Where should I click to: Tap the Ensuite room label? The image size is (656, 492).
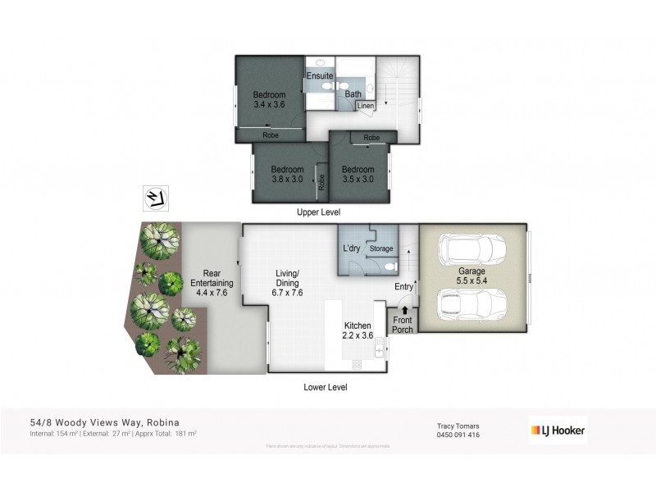click(x=320, y=76)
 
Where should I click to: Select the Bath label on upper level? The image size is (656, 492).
click(x=353, y=94)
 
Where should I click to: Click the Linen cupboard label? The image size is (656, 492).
click(x=366, y=106)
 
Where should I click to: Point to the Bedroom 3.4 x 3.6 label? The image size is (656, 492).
click(x=270, y=100)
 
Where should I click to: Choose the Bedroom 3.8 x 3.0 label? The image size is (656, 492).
click(x=287, y=175)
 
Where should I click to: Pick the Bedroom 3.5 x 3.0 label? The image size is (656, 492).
click(x=358, y=175)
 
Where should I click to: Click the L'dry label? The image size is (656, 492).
click(x=353, y=248)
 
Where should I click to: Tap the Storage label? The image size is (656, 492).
click(x=381, y=248)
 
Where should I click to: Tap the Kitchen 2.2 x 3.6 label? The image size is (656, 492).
click(x=358, y=330)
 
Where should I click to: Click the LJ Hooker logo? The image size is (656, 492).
click(x=556, y=430)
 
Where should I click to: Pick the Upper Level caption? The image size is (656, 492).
click(x=318, y=212)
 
